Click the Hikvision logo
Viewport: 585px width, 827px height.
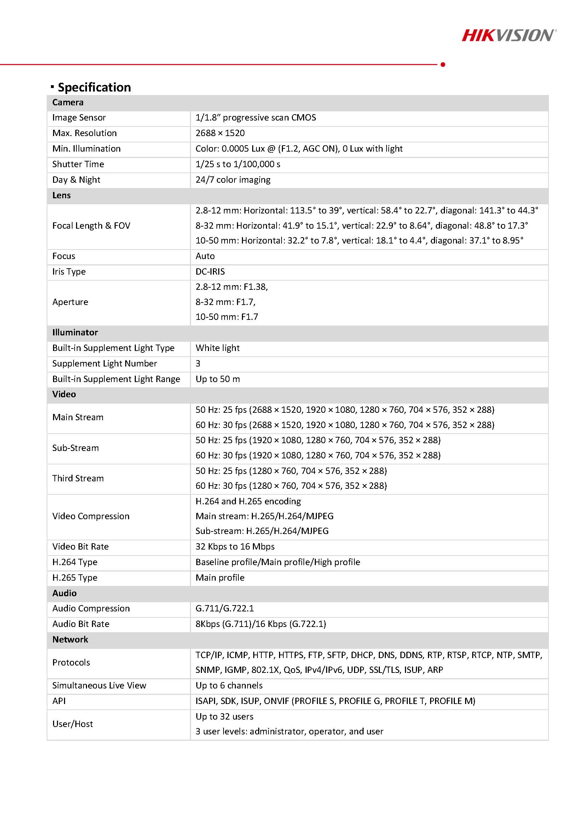509,35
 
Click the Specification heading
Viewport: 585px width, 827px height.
94,87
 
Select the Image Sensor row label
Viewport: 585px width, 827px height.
79,118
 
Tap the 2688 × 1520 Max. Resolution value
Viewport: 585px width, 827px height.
220,133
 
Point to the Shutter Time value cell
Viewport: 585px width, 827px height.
238,164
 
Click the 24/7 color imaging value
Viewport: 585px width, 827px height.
233,180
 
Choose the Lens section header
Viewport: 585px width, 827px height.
62,195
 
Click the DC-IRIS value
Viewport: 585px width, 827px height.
210,271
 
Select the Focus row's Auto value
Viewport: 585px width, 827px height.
205,256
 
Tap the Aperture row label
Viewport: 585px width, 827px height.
70,302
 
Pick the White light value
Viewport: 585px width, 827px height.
218,348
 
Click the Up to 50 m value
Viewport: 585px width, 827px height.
218,379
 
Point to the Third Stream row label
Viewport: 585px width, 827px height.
78,478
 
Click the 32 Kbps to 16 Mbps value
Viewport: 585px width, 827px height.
235,547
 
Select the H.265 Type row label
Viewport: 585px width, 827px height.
75,578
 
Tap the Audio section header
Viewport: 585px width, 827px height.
64,593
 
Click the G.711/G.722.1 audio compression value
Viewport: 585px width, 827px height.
225,608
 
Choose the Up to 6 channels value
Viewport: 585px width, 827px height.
229,685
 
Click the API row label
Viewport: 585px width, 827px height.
59,701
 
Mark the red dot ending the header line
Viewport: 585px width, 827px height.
443,64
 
